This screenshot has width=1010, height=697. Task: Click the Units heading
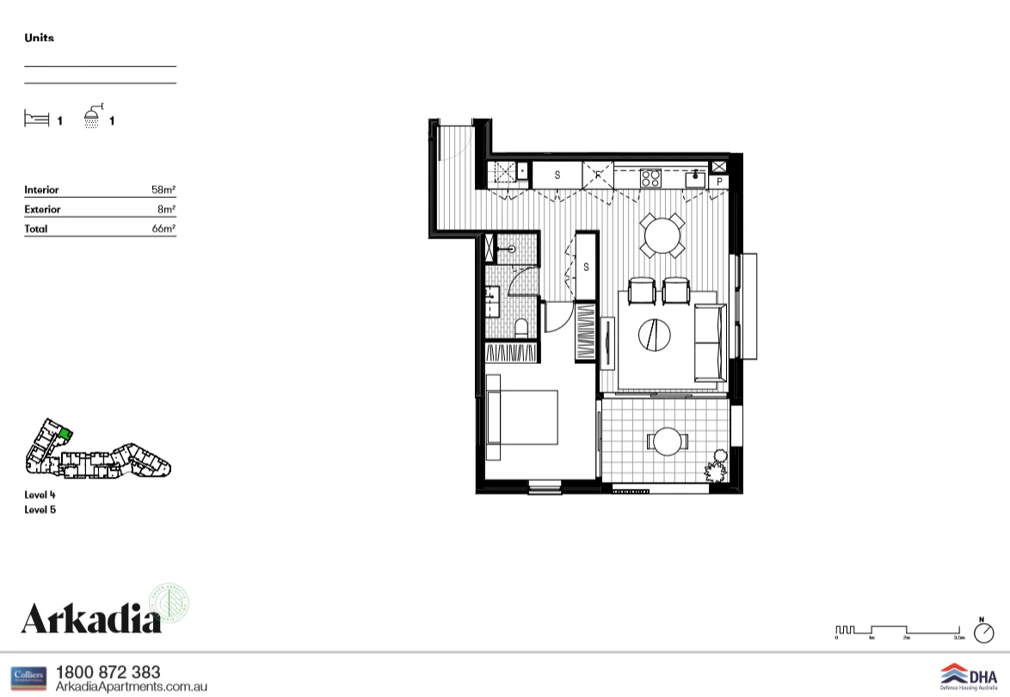(x=39, y=38)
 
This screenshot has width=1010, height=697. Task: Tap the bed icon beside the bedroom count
(x=36, y=119)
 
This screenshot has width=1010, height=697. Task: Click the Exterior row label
(x=42, y=209)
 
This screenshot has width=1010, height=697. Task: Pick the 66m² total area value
(x=163, y=229)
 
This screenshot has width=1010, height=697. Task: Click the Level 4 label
(x=40, y=495)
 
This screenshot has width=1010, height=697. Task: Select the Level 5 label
(x=40, y=509)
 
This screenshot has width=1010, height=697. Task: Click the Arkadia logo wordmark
(x=91, y=618)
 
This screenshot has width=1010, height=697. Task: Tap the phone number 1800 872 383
(x=108, y=672)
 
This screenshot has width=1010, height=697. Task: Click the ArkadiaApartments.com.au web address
(x=131, y=687)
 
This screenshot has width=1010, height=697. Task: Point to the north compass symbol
(x=982, y=632)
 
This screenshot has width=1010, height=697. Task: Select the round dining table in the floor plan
(x=662, y=234)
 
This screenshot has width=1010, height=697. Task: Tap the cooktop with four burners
(x=650, y=178)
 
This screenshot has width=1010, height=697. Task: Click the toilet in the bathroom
(x=520, y=326)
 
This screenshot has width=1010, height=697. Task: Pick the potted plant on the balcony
(x=716, y=470)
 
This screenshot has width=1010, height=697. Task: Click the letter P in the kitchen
(x=719, y=182)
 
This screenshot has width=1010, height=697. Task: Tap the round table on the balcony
(x=667, y=442)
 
